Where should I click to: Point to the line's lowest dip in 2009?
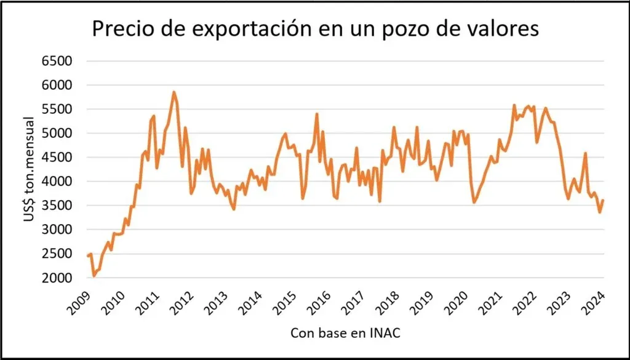[94, 275]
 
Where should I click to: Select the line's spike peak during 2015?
[316, 114]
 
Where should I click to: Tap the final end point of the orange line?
[603, 201]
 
